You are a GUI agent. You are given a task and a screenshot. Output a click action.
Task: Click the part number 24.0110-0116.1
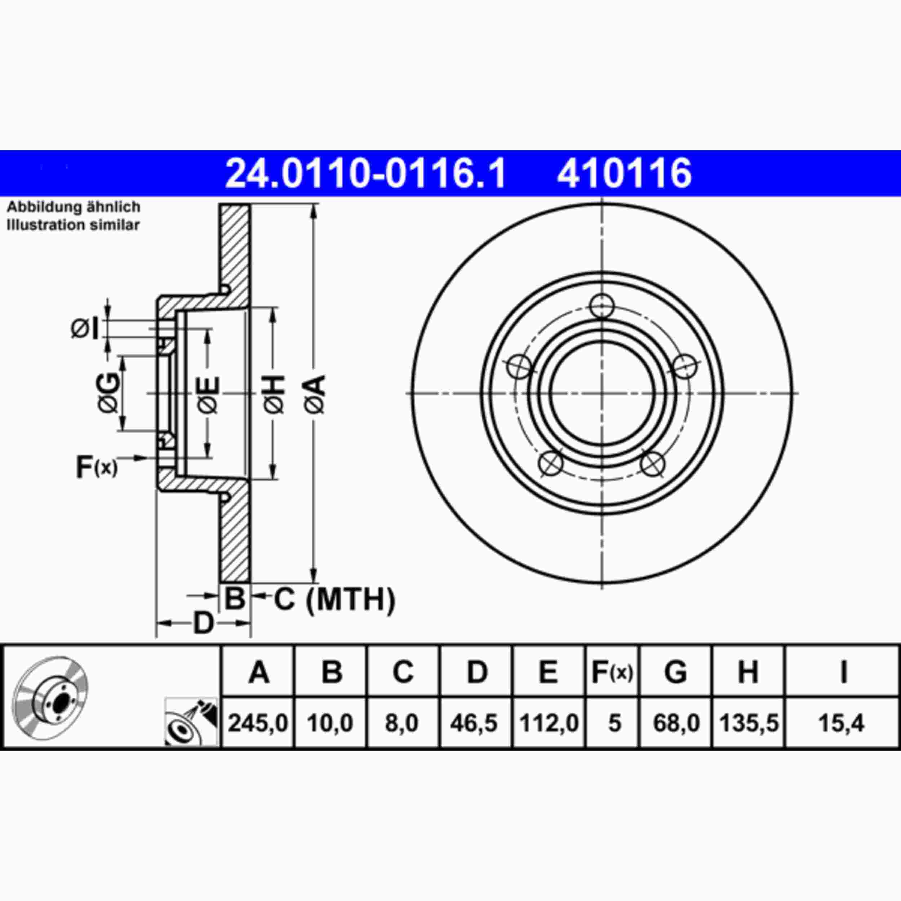click(x=365, y=173)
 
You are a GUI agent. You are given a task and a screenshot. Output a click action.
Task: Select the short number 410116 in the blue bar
click(x=624, y=173)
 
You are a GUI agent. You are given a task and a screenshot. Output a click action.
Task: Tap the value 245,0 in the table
click(x=258, y=723)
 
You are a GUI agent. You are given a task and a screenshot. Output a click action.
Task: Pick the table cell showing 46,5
click(x=474, y=723)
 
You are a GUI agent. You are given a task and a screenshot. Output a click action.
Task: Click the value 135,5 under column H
click(x=748, y=723)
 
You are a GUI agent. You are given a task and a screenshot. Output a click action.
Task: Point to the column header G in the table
click(x=675, y=672)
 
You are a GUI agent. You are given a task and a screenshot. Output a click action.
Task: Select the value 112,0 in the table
click(x=549, y=723)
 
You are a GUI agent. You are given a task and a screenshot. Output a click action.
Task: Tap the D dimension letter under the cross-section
click(x=203, y=623)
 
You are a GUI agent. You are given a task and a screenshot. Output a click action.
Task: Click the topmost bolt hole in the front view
click(x=601, y=306)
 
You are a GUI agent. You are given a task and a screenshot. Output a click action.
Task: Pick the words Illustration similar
click(x=73, y=225)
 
